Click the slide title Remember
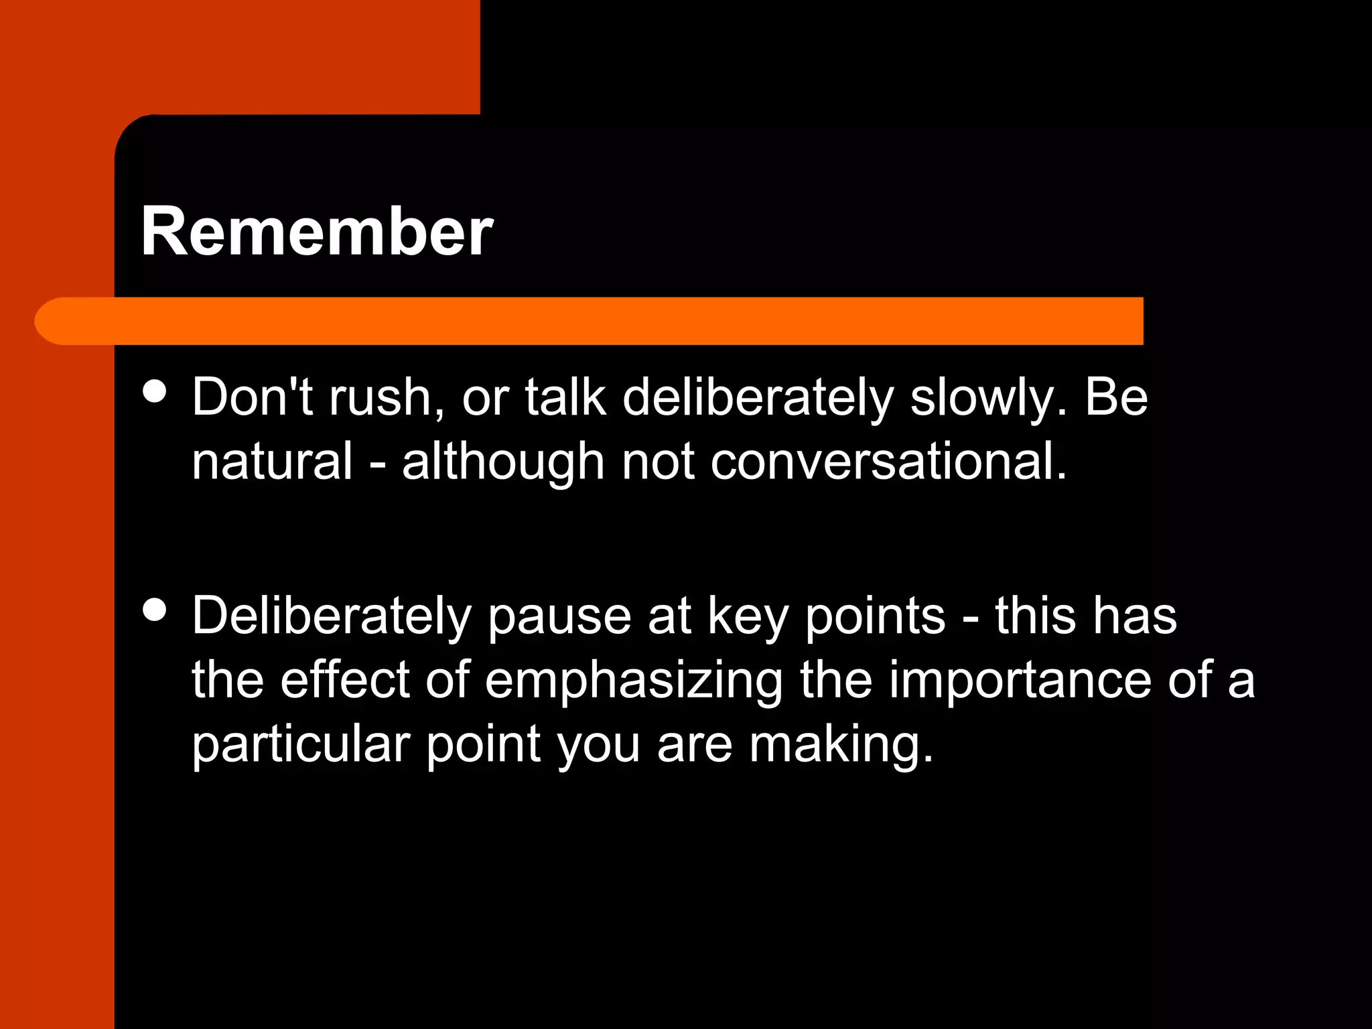(x=316, y=232)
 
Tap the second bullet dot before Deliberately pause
(x=155, y=610)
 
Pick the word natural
(x=272, y=462)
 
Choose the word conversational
(x=888, y=462)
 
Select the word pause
(x=559, y=617)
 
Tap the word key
(x=748, y=617)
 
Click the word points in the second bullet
(x=875, y=617)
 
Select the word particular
(x=301, y=745)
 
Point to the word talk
(x=565, y=397)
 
